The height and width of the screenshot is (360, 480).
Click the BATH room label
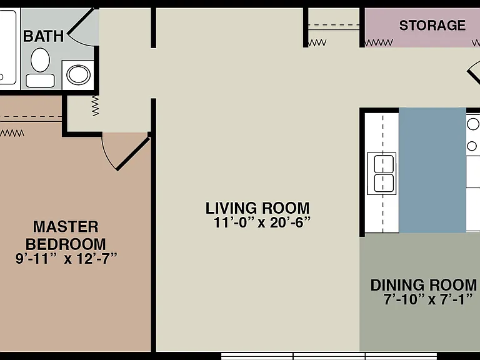[x=44, y=36]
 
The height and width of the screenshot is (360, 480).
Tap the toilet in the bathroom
[x=40, y=67]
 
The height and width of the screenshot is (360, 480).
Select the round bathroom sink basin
[x=78, y=75]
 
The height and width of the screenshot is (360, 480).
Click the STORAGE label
[x=432, y=26]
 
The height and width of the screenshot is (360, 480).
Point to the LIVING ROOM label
[x=257, y=208]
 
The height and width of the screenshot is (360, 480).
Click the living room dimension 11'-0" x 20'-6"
[x=262, y=222]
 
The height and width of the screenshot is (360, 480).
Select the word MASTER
[x=66, y=227]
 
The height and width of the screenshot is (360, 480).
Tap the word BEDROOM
[x=66, y=244]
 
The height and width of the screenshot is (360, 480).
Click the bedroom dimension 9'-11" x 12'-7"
[x=66, y=259]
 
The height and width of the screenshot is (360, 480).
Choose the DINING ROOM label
[x=424, y=285]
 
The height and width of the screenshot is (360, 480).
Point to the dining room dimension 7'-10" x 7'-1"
[x=429, y=299]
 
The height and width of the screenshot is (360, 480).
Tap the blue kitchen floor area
[x=432, y=170]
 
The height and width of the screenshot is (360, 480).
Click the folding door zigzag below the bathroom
[x=96, y=106]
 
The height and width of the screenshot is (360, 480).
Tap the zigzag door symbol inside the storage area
[x=379, y=43]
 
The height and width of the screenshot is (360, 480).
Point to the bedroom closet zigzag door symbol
[x=12, y=133]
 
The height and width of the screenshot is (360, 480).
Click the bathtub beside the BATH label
[x=7, y=47]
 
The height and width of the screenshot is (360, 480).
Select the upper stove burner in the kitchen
[x=473, y=124]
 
